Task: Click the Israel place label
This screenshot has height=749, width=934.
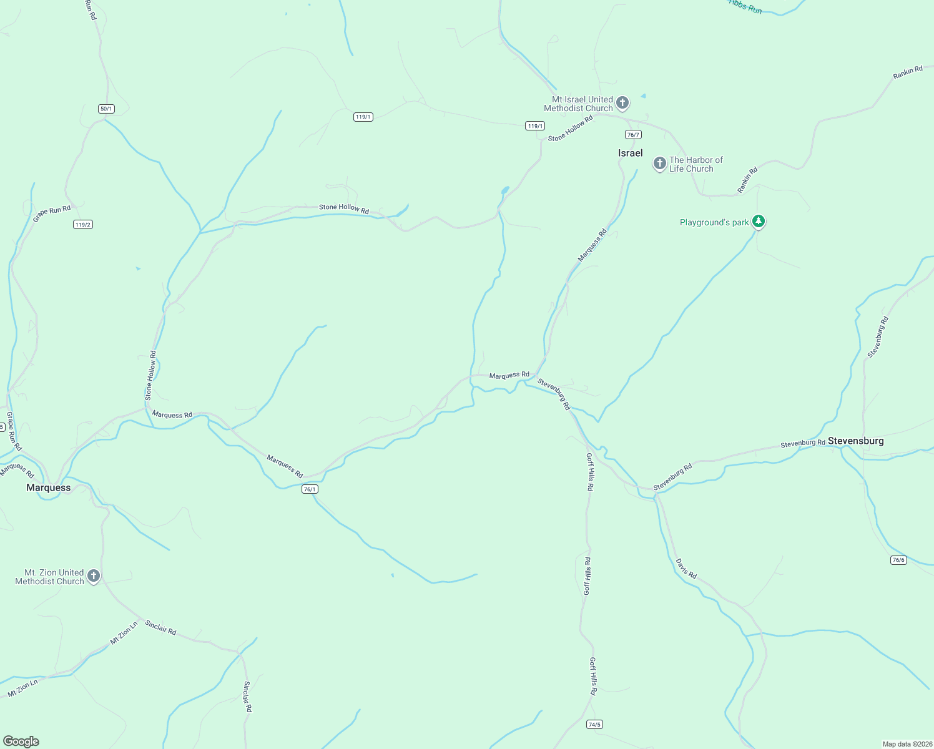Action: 630,153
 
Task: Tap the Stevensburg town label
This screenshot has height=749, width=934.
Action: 855,441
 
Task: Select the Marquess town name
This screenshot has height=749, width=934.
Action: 48,487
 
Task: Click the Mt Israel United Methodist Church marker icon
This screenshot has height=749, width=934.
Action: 622,102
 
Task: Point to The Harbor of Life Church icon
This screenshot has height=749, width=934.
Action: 659,164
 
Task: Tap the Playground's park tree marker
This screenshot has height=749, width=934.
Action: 758,221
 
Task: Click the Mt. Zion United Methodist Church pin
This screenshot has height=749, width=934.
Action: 94,575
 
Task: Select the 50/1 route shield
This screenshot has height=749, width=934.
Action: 106,109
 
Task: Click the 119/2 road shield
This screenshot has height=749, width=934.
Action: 82,225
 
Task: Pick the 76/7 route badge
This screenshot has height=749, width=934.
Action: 633,135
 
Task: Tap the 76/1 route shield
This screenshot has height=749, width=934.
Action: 310,489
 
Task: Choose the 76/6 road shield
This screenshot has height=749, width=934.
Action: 898,560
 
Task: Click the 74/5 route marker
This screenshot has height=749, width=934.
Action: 594,724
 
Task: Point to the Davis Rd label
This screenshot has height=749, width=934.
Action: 686,568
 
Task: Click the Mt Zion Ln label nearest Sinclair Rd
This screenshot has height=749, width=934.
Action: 124,633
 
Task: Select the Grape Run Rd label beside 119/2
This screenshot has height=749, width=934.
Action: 52,213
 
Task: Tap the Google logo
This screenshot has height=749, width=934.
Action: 21,742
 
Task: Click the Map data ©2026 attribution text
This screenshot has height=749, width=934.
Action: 907,744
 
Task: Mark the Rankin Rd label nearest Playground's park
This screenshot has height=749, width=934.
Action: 747,180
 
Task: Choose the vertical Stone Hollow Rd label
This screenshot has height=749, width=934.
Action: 150,375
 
